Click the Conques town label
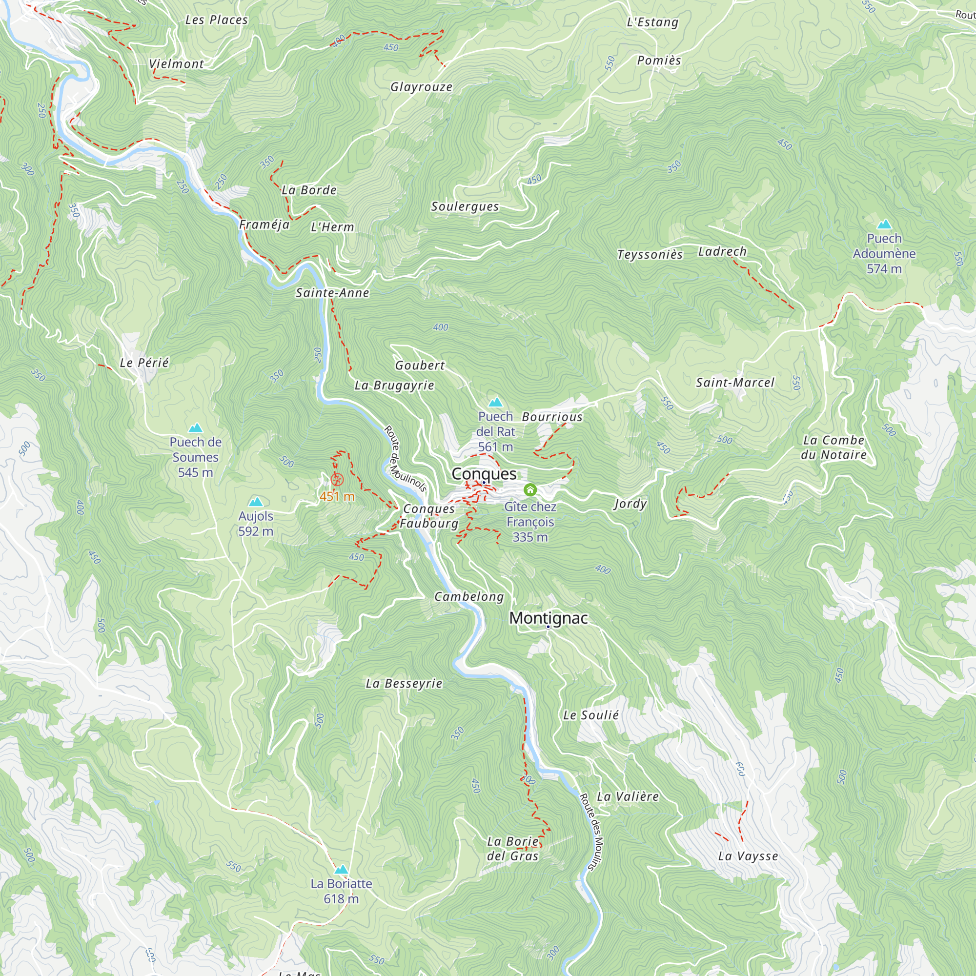pos(484,474)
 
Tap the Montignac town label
pos(548,618)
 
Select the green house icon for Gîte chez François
pos(530,489)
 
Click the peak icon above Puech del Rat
pos(496,403)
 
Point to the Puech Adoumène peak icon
pos(884,224)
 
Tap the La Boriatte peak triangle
pos(342,870)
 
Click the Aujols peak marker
pos(256,502)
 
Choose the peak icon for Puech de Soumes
pos(196,428)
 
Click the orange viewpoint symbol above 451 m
pos(337,479)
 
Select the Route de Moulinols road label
pos(406,459)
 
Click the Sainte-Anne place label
pos(332,293)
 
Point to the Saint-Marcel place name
pos(735,383)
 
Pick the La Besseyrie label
pos(404,684)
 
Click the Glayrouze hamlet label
pos(421,87)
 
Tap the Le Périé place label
pos(144,363)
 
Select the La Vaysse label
pos(748,856)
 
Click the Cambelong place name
pos(469,597)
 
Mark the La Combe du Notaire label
pos(834,447)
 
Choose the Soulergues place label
pos(465,206)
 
